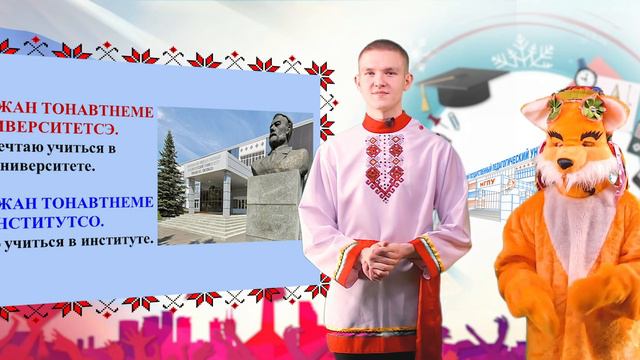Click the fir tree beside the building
[172, 185]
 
